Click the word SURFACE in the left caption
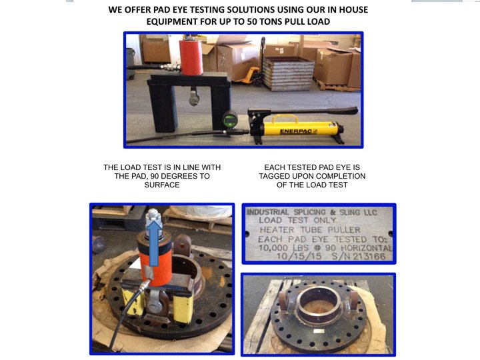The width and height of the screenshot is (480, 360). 162,185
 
